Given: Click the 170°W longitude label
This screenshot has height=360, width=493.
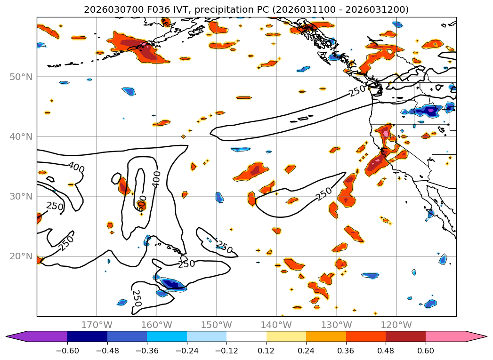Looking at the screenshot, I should click(x=97, y=325).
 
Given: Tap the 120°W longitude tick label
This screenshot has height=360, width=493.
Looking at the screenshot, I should click(x=396, y=325).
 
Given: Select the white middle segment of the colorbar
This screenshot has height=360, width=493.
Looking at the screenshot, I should click(x=246, y=336).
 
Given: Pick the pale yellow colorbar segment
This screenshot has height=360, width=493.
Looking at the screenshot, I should click(x=286, y=336).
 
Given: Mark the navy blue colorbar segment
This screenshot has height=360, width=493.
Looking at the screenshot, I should click(x=87, y=336).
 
